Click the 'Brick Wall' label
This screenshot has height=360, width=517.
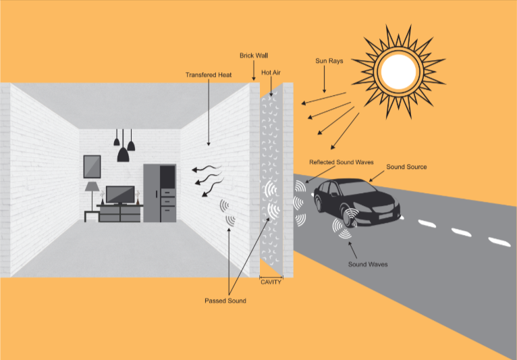[x=254, y=55]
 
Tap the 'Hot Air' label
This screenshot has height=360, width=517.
[x=272, y=72]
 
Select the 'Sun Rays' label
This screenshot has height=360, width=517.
[x=329, y=61]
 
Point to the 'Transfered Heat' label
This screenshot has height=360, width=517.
[x=209, y=75]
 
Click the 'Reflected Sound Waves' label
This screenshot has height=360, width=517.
[x=342, y=163]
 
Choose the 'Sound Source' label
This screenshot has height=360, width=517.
[x=406, y=166]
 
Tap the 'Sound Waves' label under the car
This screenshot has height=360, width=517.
[x=367, y=264]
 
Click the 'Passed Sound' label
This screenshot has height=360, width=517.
[x=225, y=301]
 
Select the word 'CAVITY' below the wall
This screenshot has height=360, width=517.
[x=271, y=282]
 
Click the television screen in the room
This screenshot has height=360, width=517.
[x=120, y=192]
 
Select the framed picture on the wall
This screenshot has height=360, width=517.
[x=92, y=165]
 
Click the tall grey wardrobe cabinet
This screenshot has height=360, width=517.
[x=160, y=192]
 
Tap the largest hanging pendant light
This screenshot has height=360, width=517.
[x=123, y=154]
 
